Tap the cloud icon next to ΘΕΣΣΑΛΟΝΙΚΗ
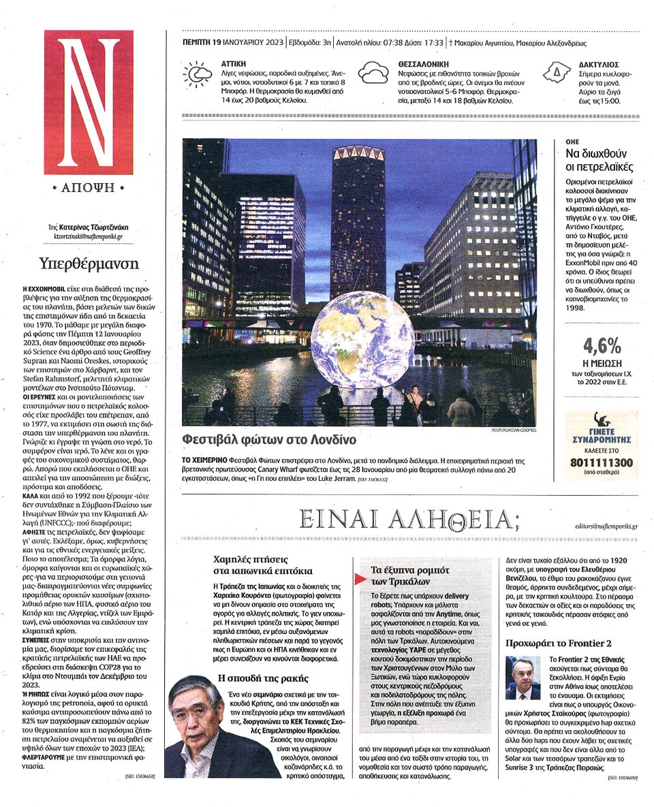[x=374, y=72]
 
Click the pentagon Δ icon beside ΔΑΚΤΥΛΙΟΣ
[x=557, y=72]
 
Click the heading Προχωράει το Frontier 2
[x=559, y=643]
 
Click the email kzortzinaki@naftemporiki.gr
[x=88, y=238]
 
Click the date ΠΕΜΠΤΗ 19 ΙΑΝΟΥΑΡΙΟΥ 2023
[x=234, y=42]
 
